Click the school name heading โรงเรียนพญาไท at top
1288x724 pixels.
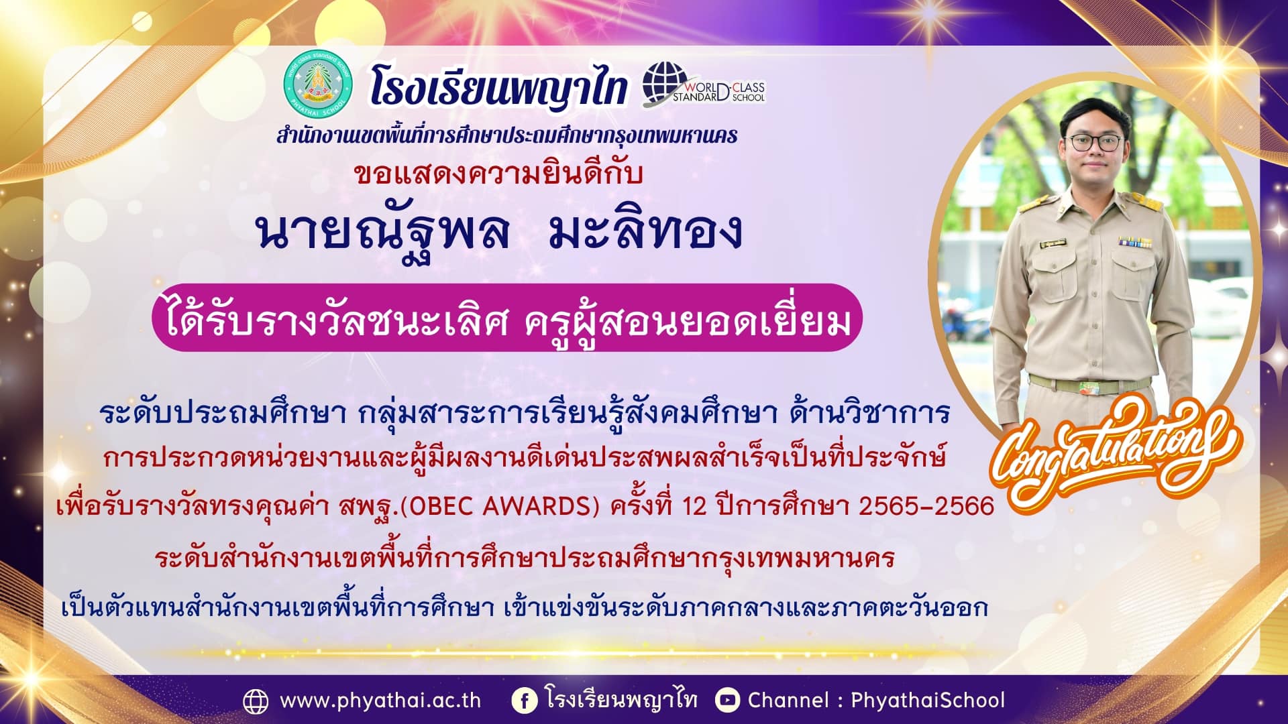click(x=498, y=88)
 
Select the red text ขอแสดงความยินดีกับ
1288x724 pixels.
click(x=498, y=174)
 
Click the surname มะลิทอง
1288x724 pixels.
click(x=645, y=231)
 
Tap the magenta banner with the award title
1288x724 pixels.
click(x=506, y=318)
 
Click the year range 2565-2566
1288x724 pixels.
click(x=926, y=506)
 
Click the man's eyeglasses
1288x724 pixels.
click(x=1093, y=142)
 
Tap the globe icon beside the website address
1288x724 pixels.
click(x=256, y=701)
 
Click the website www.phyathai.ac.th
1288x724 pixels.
click(x=380, y=701)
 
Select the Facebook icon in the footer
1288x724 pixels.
click(x=524, y=701)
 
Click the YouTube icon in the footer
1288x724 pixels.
click(x=727, y=701)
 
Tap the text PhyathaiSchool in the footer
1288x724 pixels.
click(x=928, y=701)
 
